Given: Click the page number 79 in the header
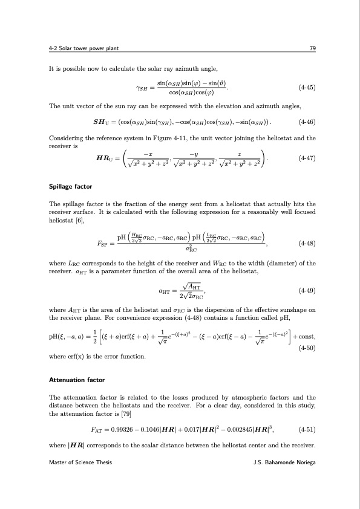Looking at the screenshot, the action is click(313, 50).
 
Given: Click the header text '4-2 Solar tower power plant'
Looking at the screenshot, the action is click(79, 50).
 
